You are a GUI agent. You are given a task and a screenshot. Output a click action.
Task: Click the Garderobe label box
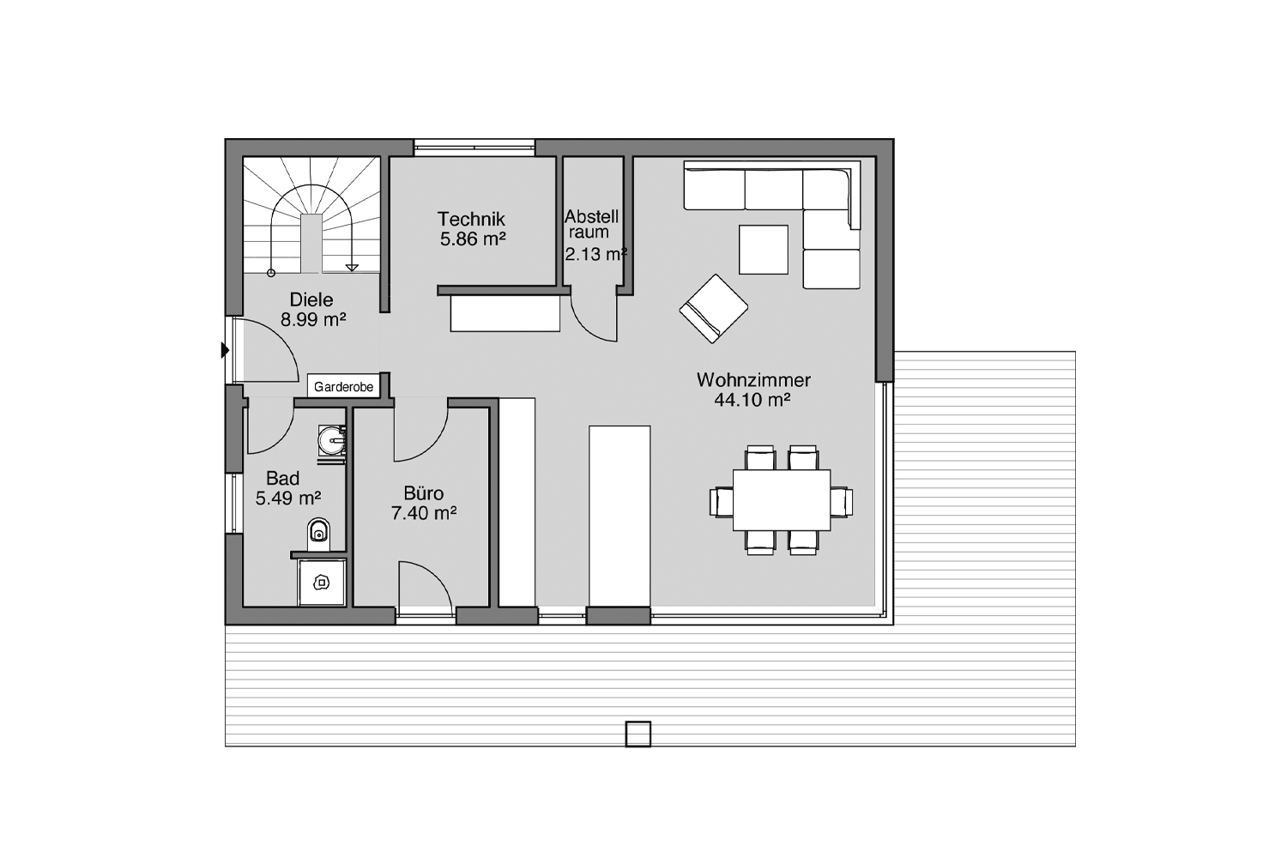point(343,386)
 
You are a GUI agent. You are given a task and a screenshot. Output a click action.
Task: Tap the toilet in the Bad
point(319,534)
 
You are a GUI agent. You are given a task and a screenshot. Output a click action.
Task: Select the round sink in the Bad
point(333,441)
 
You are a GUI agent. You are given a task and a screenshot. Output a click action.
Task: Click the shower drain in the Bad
point(321,583)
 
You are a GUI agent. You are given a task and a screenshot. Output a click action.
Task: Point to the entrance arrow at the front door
point(225,350)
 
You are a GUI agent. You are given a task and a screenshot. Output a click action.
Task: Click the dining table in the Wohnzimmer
point(782,500)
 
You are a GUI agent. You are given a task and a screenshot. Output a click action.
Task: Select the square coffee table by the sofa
point(764,250)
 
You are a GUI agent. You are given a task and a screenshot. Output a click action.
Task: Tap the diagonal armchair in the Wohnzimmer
point(714,309)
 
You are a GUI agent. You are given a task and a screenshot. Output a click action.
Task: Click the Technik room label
point(471,219)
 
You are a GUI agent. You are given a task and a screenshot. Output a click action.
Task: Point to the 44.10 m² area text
point(752,400)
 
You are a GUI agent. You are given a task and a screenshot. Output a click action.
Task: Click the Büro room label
point(424,493)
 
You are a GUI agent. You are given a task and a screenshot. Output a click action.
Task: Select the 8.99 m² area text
point(313,319)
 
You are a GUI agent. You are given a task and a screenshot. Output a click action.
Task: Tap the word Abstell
point(591,217)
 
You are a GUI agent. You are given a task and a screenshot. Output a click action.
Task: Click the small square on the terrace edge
point(637,734)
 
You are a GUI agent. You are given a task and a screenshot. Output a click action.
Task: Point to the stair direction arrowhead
point(352,267)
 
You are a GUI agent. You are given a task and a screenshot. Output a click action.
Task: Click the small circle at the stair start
point(271,273)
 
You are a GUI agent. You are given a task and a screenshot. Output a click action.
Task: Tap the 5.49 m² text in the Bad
point(287,498)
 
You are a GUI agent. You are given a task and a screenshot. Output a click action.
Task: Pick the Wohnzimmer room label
point(754,380)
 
